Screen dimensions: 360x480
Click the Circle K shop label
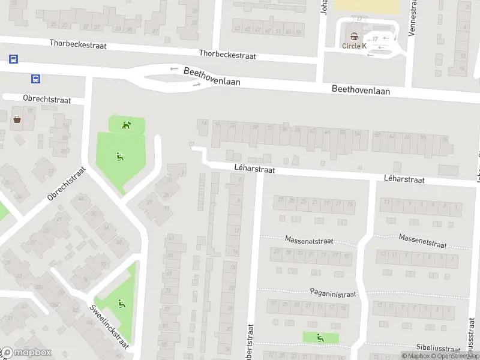(x=354, y=46)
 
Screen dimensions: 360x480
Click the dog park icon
(x=127, y=125)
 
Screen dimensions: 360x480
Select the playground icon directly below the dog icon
(x=119, y=157)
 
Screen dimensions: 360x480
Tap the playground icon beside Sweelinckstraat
(x=122, y=304)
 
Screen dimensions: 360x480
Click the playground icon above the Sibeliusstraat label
(x=320, y=338)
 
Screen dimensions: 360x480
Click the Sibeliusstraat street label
(x=441, y=347)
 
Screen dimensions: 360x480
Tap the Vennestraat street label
(x=412, y=18)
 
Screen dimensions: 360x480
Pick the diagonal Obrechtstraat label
(x=67, y=184)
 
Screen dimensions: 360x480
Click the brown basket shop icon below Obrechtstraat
(x=17, y=119)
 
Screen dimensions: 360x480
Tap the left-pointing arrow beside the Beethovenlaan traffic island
(x=174, y=69)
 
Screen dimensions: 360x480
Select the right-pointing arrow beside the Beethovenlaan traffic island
(x=196, y=85)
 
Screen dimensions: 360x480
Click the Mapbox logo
(x=26, y=353)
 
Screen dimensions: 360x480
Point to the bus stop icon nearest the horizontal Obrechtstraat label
(x=36, y=79)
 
